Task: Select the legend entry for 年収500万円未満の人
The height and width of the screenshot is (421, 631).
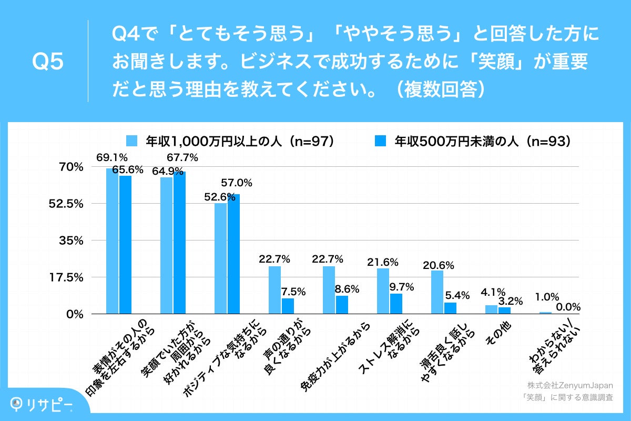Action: (473, 141)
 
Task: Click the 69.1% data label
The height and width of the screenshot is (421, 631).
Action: (112, 157)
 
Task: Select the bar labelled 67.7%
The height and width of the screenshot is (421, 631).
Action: (180, 243)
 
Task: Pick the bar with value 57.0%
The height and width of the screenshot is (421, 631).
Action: (234, 254)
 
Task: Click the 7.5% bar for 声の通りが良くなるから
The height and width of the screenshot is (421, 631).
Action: (288, 306)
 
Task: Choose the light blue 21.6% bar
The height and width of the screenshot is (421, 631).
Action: (383, 291)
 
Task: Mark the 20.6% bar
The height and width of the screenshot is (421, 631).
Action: (437, 292)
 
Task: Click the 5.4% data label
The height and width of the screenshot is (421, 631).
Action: (455, 295)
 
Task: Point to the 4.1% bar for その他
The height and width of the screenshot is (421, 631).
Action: (491, 309)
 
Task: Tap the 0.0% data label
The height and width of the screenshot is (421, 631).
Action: (568, 306)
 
